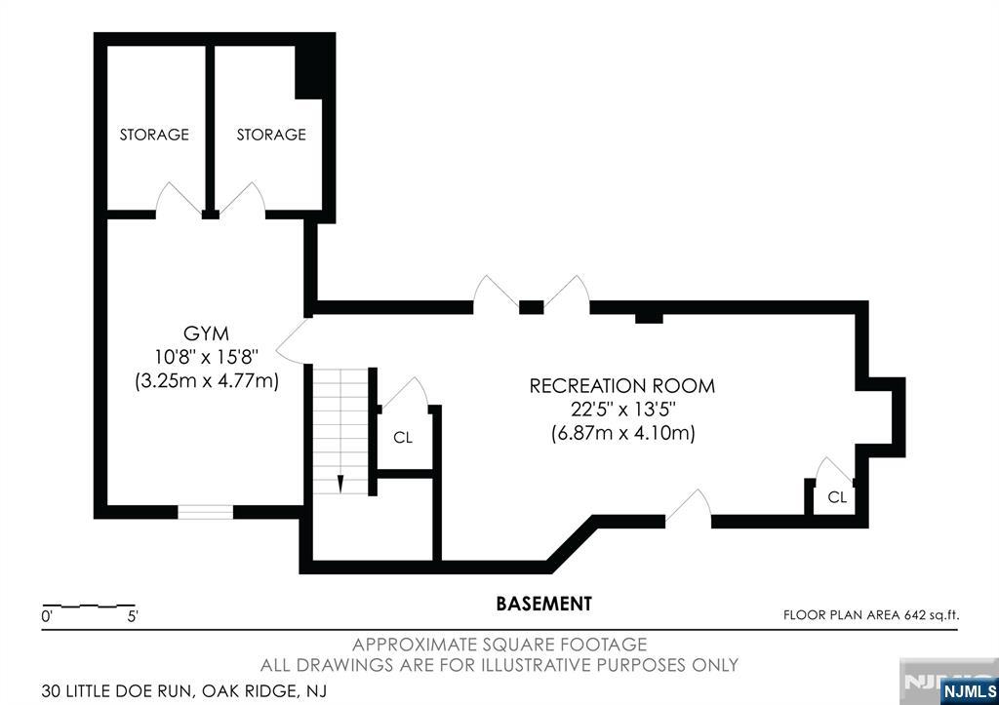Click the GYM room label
click(206, 333)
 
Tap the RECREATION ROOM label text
click(622, 386)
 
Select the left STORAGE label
click(154, 135)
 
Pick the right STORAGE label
click(271, 135)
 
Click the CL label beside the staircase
click(403, 438)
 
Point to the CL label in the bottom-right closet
click(837, 496)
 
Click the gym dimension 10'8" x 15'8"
click(206, 357)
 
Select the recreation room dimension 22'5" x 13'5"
click(622, 409)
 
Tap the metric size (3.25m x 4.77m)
click(207, 381)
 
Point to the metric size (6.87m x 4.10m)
click(622, 433)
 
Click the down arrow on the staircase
click(340, 484)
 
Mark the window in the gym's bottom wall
click(205, 512)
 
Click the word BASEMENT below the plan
click(544, 604)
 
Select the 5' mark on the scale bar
click(133, 616)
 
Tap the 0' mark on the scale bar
click(47, 616)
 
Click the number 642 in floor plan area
click(914, 615)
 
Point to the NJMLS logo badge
click(969, 691)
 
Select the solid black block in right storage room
click(315, 70)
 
